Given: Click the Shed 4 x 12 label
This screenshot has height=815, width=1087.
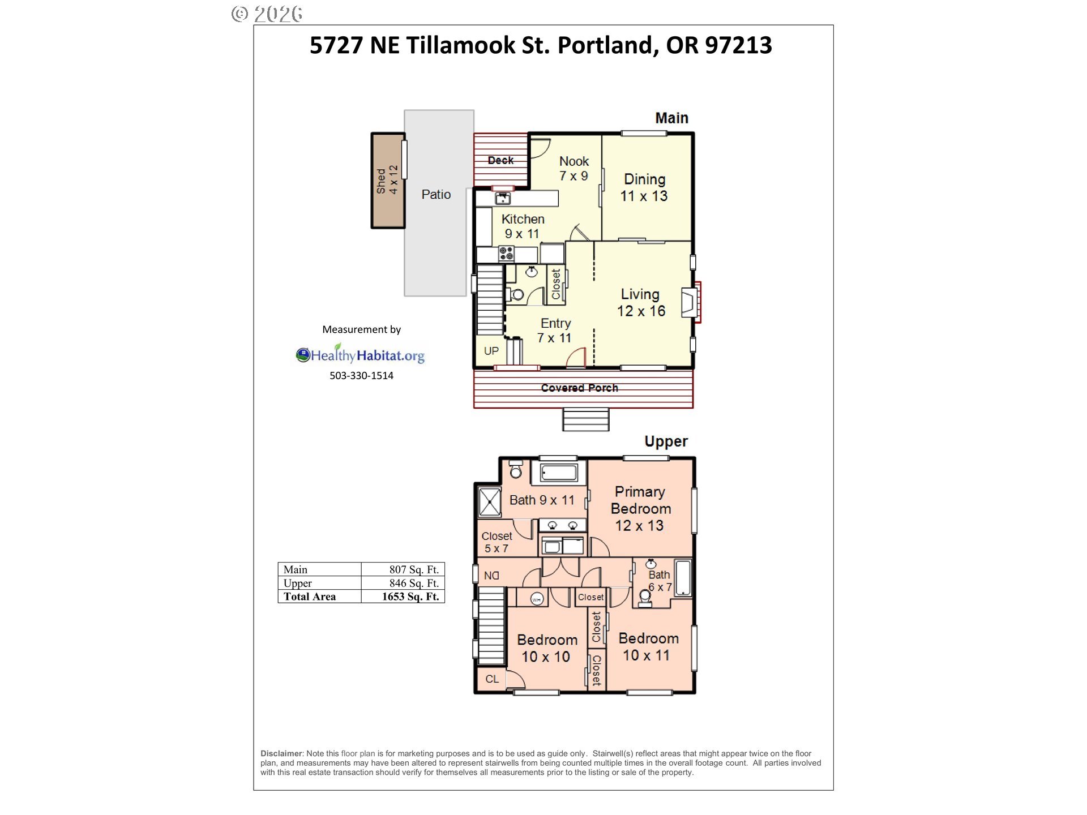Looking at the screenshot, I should [388, 180].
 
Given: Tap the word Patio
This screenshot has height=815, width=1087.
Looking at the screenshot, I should [436, 195].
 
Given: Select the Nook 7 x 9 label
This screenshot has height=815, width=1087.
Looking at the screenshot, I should [574, 169].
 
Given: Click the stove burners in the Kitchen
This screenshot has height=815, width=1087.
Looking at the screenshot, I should [506, 253].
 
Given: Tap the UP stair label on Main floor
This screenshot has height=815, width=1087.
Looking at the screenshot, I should [491, 351].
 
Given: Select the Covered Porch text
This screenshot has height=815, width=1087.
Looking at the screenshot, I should [579, 388].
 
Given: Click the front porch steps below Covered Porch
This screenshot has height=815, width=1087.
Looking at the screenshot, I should [585, 419].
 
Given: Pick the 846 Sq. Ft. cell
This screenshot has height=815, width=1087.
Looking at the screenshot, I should [413, 583].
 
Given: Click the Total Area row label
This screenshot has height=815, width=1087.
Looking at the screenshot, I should [310, 597].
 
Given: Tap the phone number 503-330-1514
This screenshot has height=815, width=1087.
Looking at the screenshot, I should [361, 376].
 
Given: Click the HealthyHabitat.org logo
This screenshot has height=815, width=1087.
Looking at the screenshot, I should [360, 355].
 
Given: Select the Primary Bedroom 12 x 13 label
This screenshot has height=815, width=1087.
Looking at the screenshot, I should [640, 508].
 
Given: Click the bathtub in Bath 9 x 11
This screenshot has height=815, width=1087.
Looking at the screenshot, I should [558, 473].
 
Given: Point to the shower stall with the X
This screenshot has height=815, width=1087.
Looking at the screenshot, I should [490, 502].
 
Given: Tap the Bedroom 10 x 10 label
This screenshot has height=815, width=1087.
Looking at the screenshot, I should [547, 648].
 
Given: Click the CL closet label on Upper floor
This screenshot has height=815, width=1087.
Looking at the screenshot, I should [491, 679].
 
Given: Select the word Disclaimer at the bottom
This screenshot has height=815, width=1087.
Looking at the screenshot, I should [281, 753].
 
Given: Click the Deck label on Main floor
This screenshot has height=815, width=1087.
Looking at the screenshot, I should [500, 161].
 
